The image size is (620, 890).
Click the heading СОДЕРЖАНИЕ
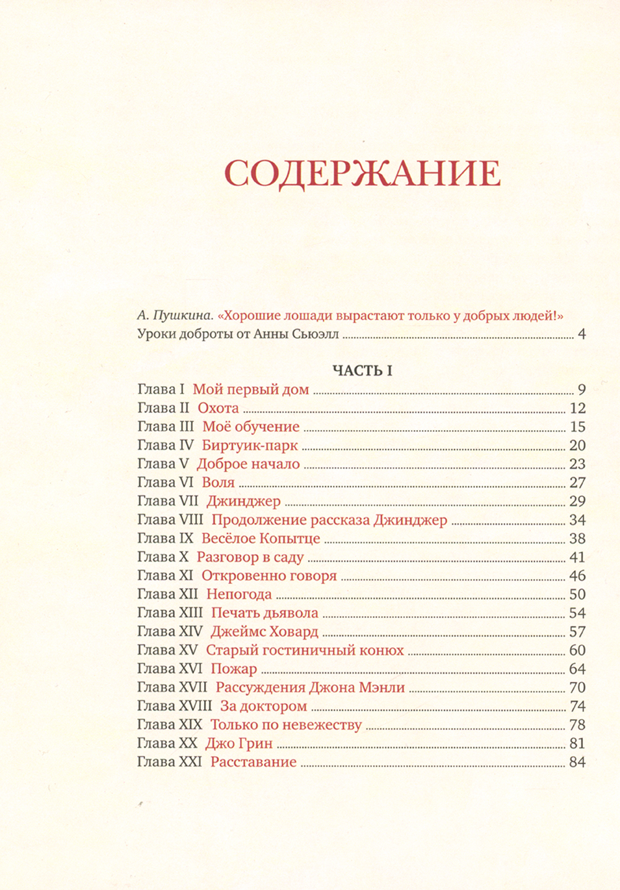tap(362, 174)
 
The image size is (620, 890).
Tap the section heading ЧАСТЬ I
tap(362, 371)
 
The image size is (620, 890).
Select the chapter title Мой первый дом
tap(250, 390)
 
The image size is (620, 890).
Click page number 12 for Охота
tap(577, 408)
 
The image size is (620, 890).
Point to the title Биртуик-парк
tap(250, 446)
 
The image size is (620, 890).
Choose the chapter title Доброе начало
tap(248, 464)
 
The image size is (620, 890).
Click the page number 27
tap(577, 483)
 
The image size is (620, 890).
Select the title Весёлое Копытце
tap(260, 539)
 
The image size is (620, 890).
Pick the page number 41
tap(577, 557)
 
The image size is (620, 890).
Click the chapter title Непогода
tap(239, 594)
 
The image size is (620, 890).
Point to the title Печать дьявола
tap(265, 613)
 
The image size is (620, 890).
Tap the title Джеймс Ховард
tap(264, 632)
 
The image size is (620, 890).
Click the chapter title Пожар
tap(234, 669)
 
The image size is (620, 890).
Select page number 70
tap(577, 687)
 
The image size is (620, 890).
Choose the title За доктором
tap(263, 706)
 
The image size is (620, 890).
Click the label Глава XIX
tap(169, 725)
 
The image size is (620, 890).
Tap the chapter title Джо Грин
tap(239, 743)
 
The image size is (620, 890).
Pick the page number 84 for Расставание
tap(577, 762)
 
